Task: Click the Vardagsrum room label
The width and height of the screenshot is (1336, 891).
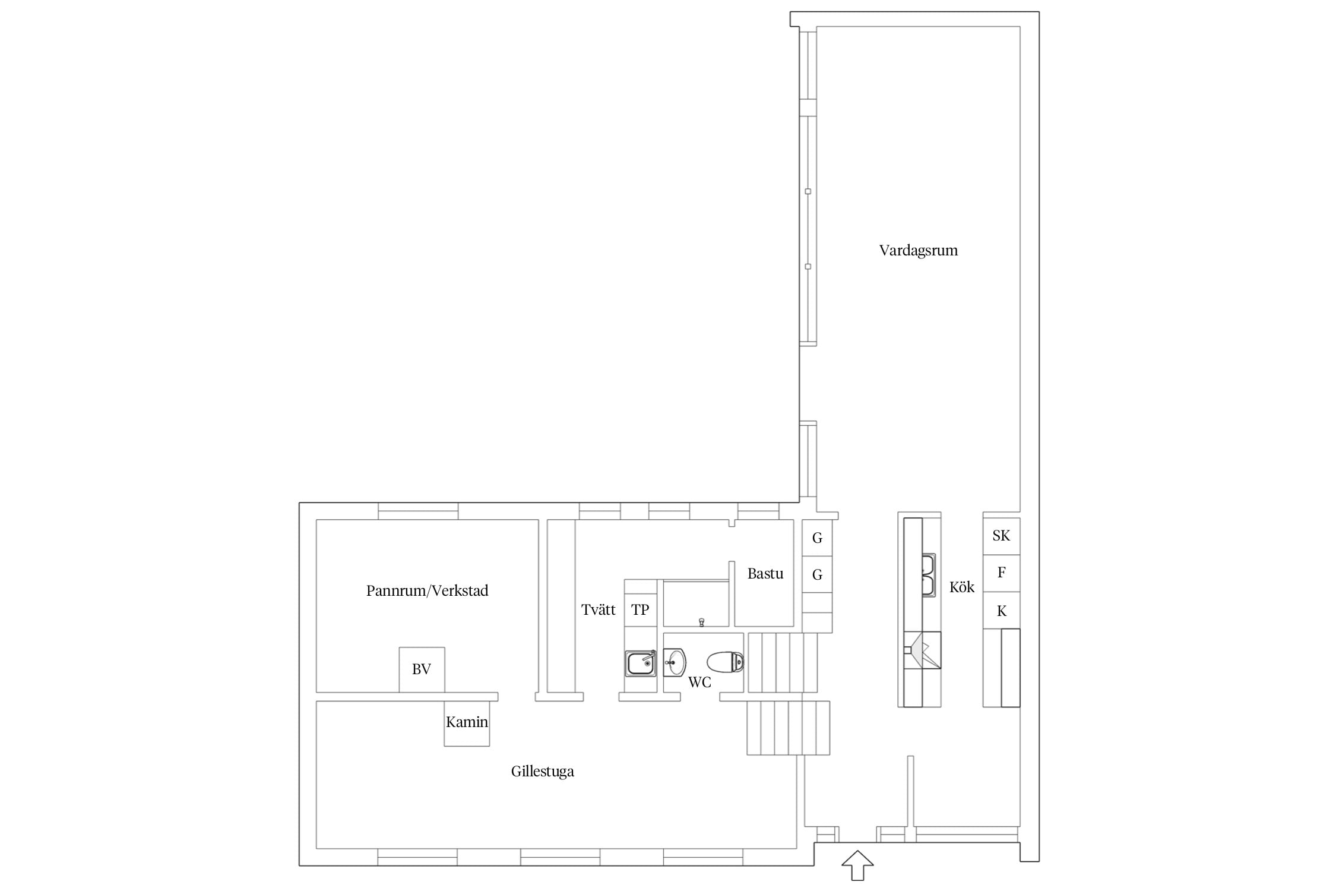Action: pos(918,251)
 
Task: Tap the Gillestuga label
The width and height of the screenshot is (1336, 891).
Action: pos(542,772)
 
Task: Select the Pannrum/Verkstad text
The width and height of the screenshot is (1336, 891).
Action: pos(427,591)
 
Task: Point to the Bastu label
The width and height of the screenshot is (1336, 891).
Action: pos(765,574)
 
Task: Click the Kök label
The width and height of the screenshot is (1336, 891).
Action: pos(961,587)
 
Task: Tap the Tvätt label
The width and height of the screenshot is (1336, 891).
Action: pos(598,610)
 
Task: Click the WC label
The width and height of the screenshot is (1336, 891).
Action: pos(699,683)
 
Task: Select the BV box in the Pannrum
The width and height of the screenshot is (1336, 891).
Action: pos(422,669)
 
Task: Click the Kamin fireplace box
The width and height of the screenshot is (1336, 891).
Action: pos(467,723)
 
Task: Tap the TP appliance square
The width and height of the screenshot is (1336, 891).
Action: pos(640,610)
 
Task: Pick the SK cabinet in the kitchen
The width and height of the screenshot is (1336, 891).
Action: pos(1001,536)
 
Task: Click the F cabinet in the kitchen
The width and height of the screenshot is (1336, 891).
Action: pos(1001,573)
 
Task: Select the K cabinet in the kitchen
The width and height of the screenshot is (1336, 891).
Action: pos(1001,611)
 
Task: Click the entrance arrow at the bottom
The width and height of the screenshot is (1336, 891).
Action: pos(857,865)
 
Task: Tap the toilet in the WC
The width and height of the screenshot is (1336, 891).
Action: pos(725,662)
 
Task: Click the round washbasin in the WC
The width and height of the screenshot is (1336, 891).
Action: pos(675,662)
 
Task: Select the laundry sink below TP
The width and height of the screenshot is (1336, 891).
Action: pos(640,663)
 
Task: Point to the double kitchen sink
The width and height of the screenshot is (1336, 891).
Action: pos(928,575)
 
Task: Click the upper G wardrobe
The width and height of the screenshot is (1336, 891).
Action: pos(817,538)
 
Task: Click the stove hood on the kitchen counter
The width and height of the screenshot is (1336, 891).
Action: pos(922,650)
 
